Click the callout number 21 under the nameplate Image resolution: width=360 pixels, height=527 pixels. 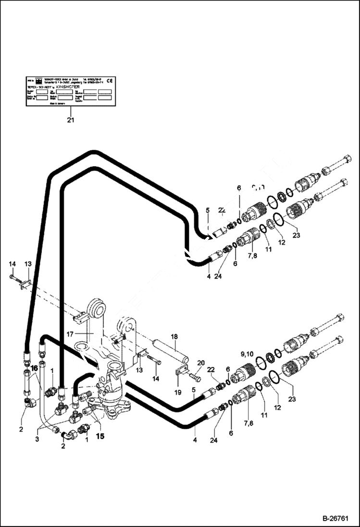71,120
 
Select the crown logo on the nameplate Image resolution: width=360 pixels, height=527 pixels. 38,80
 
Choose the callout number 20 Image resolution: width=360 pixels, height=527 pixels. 200,363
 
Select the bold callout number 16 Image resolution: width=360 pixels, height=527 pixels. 34,368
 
